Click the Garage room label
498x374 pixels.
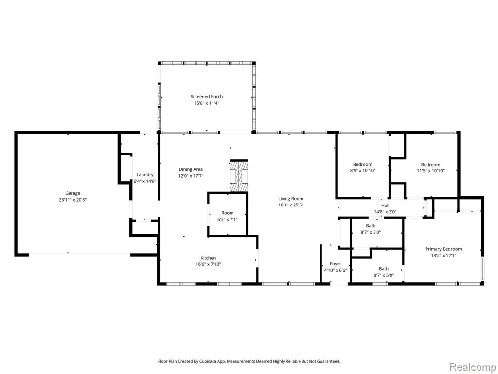[x=72, y=193]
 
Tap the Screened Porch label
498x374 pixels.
[x=206, y=97]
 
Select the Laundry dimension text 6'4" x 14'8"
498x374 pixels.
[x=145, y=181]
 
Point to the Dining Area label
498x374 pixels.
[x=191, y=169]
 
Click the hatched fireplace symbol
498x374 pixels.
[x=238, y=176]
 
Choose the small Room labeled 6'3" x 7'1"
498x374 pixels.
[x=228, y=213]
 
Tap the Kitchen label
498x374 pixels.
[x=208, y=258]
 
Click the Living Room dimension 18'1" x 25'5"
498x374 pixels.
[x=291, y=205]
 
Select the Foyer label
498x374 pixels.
[x=336, y=264]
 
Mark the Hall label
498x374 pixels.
[x=385, y=206]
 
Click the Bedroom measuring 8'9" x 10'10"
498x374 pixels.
[x=362, y=165]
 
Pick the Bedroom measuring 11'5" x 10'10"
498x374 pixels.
[x=430, y=165]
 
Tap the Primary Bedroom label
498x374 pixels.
[x=444, y=249]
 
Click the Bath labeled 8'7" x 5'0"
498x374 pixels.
[x=371, y=226]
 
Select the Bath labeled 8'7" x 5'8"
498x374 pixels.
[x=384, y=269]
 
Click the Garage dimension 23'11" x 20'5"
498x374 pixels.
[x=72, y=200]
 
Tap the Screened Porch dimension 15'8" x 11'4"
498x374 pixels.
[x=207, y=103]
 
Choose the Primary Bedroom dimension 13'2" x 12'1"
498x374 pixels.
[x=444, y=255]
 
